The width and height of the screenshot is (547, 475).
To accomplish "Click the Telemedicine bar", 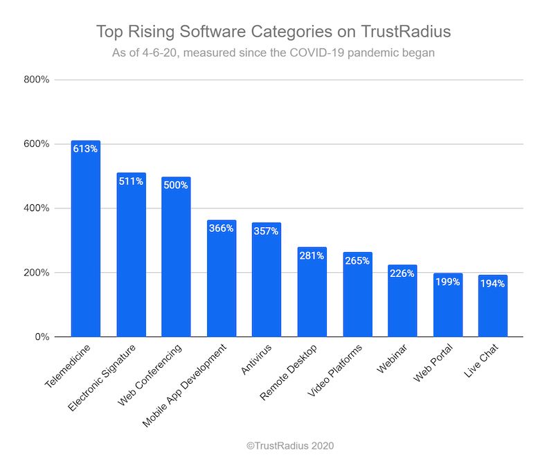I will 85,242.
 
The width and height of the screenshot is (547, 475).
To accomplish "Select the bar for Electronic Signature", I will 131,260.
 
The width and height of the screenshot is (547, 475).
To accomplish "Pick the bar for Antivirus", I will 267,284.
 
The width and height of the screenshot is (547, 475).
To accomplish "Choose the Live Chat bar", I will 493,308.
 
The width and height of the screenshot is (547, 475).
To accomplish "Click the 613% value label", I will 85,148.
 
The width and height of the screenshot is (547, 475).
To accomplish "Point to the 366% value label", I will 221,228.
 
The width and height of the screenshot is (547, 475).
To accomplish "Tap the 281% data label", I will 312,255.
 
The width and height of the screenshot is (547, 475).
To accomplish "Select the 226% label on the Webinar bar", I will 402,273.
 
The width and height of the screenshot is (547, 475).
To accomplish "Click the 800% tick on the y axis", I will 36,80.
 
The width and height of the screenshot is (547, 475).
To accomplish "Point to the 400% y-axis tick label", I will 36,208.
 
